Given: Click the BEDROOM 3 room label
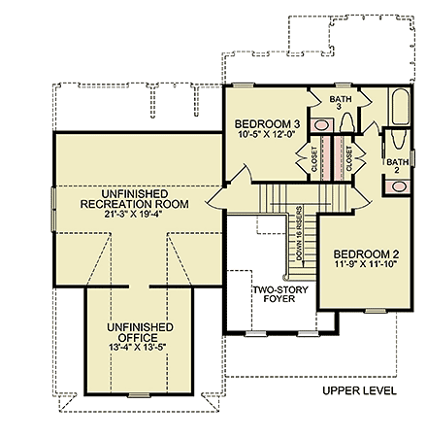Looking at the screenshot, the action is (267, 124).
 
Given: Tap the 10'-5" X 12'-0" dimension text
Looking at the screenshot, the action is (268, 134).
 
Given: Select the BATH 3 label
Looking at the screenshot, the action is (341, 103).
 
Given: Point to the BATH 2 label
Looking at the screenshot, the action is (397, 165).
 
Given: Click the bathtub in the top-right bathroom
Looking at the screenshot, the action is (401, 107).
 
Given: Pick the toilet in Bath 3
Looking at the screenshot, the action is (346, 122).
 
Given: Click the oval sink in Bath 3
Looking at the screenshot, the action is (321, 125).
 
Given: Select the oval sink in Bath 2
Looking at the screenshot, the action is (398, 186).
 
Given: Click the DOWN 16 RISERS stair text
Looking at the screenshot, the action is (299, 233).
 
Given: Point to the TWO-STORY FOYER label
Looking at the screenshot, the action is (280, 294).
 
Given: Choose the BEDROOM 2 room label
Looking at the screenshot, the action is (367, 254).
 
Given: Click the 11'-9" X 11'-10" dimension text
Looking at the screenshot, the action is (366, 264).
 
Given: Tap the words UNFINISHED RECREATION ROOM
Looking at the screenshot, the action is (135, 199).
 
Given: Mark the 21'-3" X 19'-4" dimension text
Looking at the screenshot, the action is (133, 215).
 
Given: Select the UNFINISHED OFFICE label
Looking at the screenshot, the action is (140, 332).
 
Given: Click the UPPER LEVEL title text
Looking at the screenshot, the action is (359, 390).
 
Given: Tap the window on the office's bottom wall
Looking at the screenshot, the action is (139, 395).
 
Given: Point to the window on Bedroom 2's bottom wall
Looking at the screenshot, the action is (376, 311).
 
